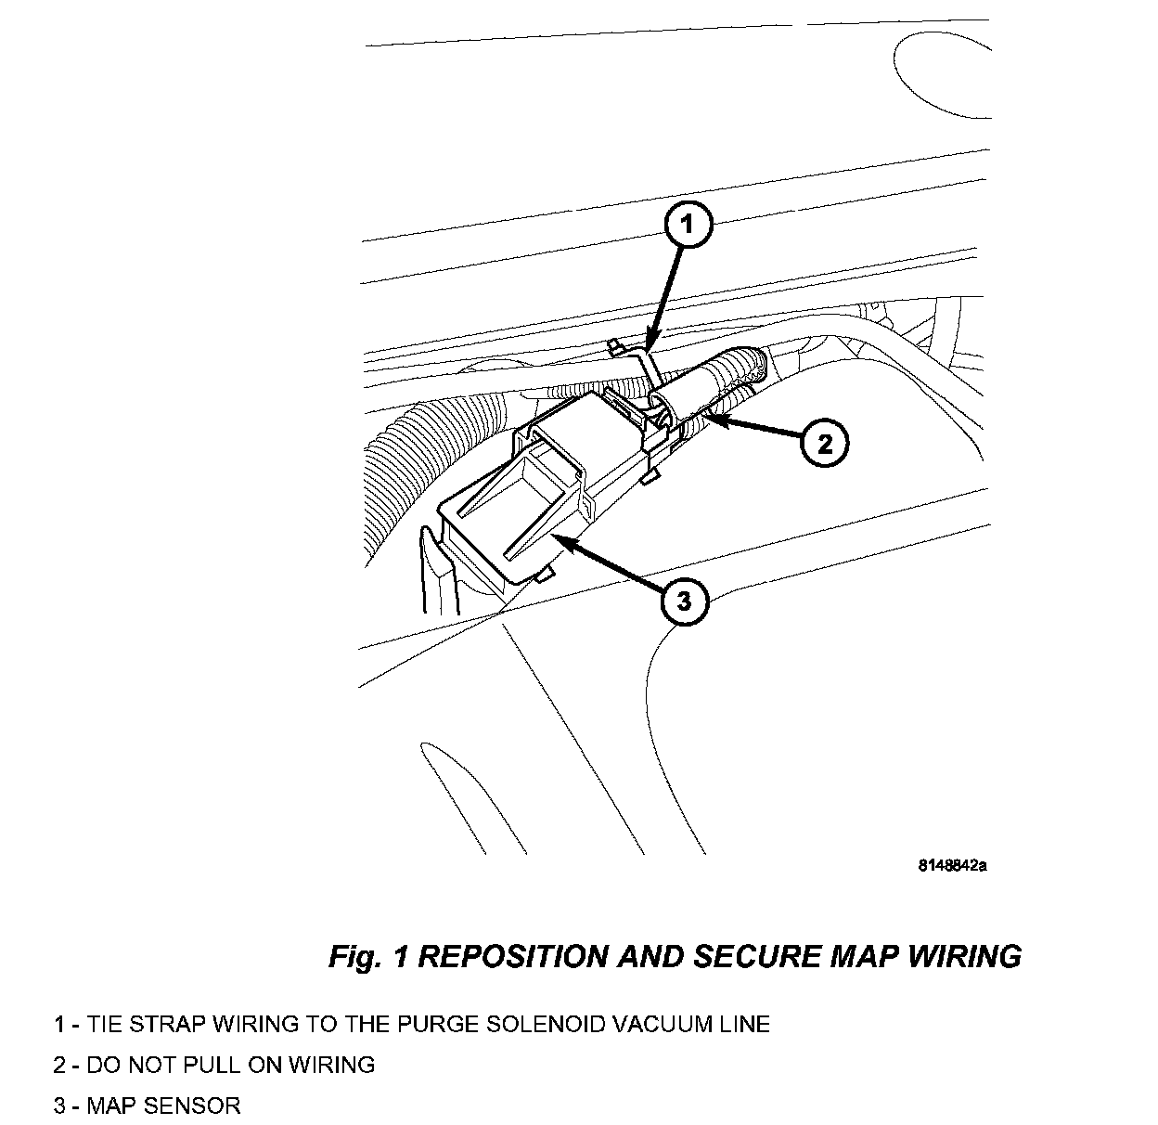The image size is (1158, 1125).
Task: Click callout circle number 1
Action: (686, 224)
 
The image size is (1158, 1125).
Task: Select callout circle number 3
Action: (684, 601)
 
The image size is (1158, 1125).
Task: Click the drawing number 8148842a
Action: (952, 866)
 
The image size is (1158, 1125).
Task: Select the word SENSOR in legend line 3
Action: (196, 1106)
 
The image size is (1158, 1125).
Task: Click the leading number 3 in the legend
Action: (59, 1106)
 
